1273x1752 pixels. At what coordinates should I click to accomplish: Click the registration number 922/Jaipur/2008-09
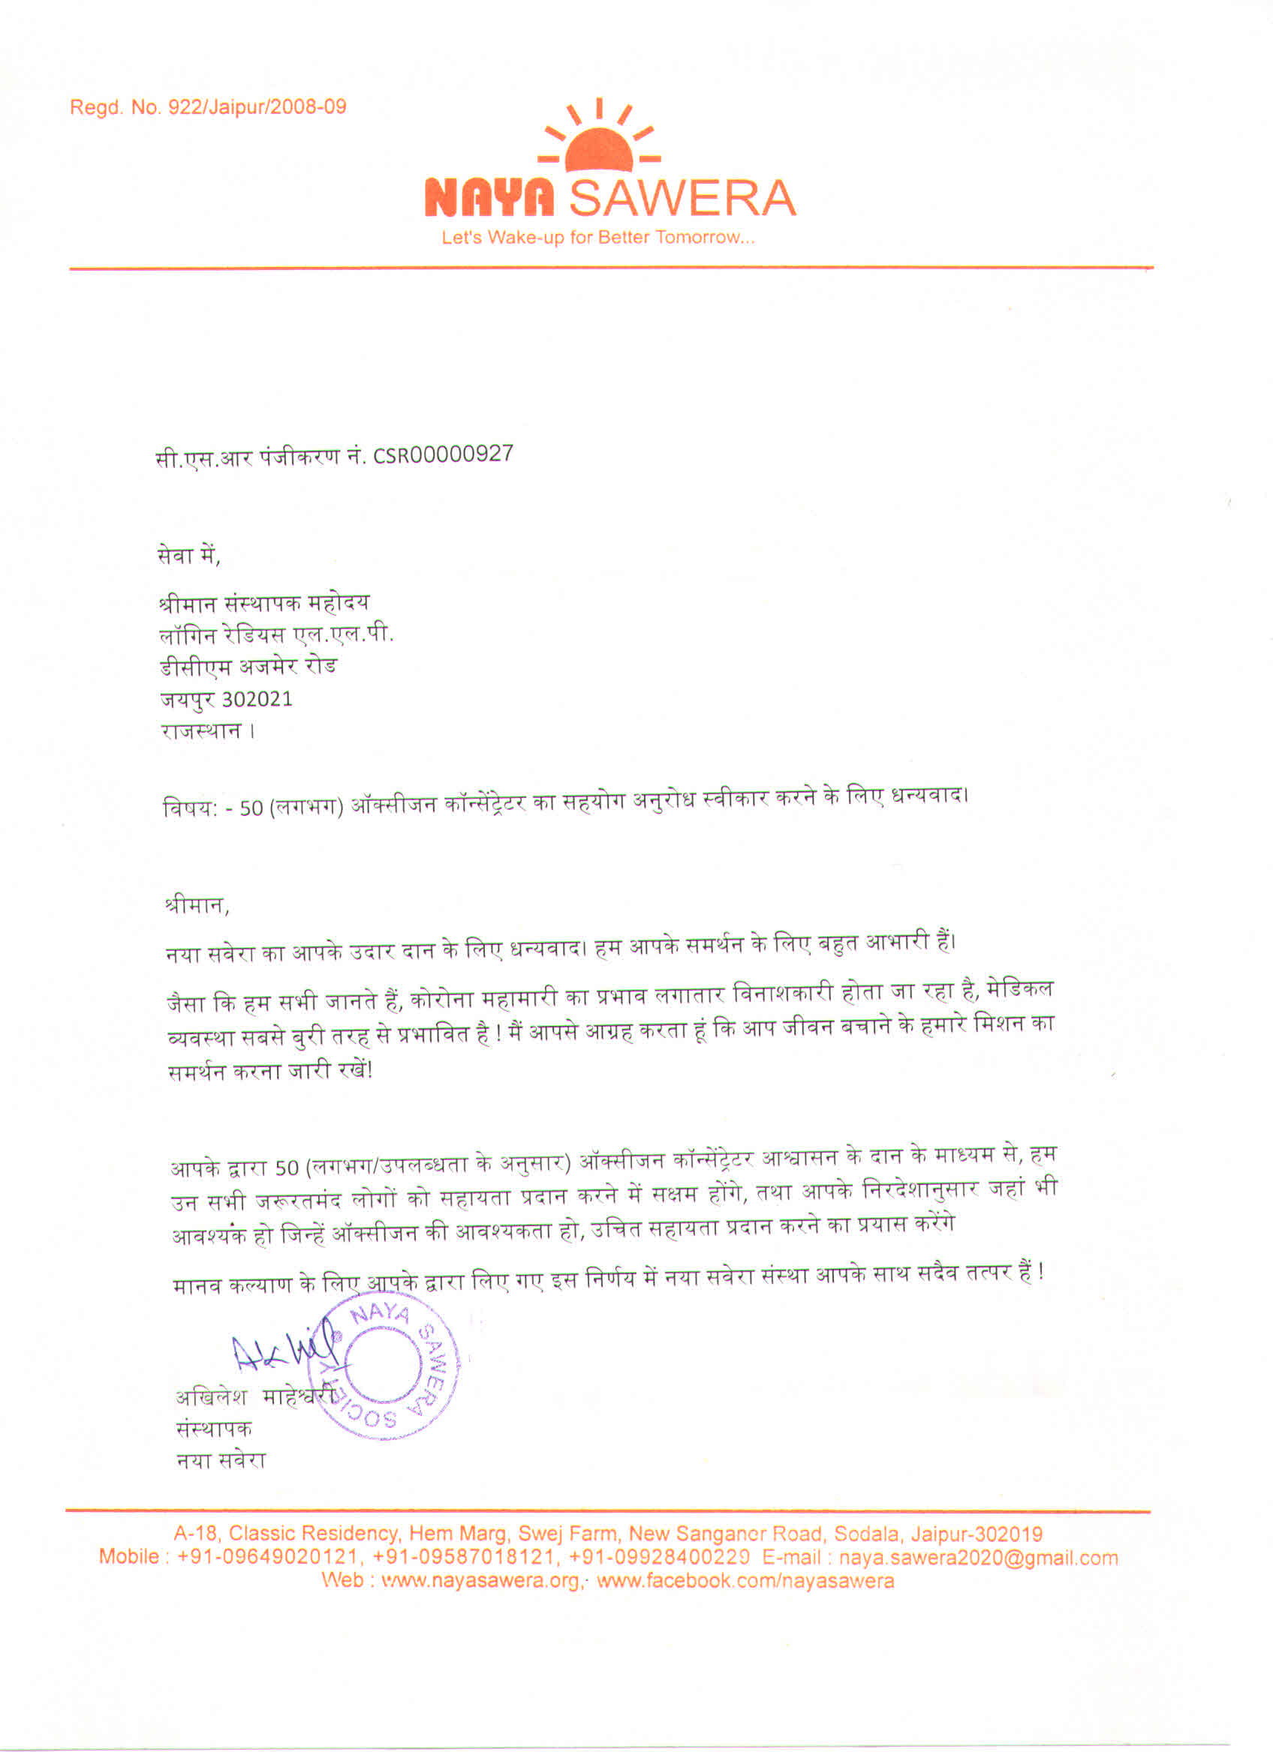[x=262, y=107]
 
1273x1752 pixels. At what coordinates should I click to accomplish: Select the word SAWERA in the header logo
[x=682, y=199]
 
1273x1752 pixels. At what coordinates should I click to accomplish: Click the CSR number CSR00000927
[x=443, y=455]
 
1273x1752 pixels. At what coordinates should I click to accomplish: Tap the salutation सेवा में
[x=188, y=556]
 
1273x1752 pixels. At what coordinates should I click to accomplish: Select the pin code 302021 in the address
[x=257, y=699]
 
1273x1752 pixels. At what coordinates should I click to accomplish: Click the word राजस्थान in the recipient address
[x=201, y=730]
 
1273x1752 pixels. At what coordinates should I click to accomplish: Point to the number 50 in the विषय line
[x=251, y=808]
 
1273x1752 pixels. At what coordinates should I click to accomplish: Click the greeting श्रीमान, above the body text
[x=197, y=905]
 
